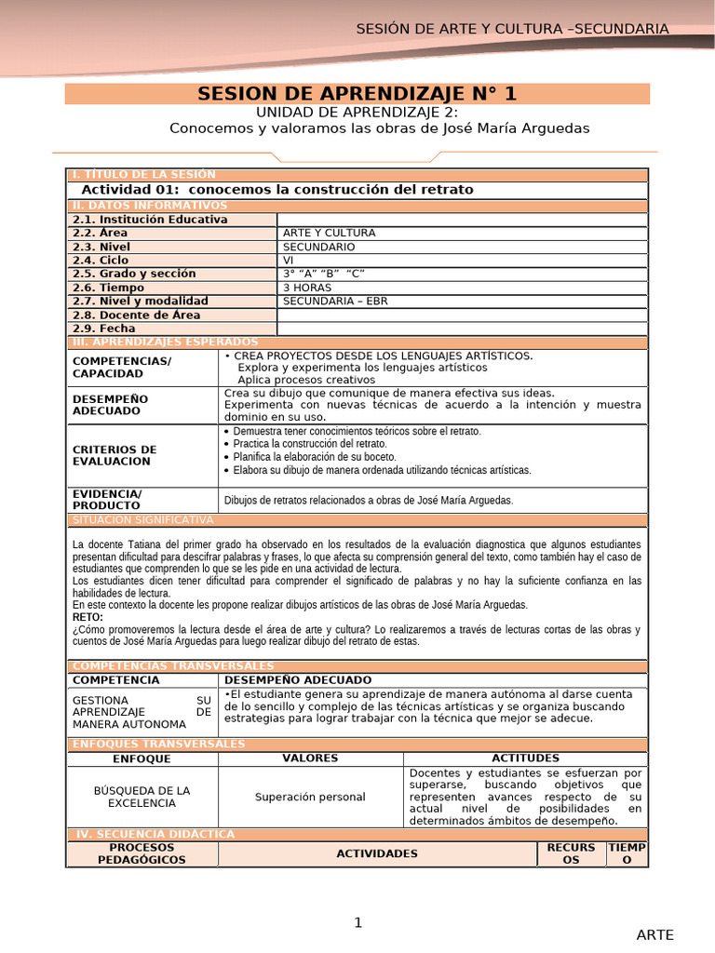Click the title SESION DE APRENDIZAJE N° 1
tap(357, 94)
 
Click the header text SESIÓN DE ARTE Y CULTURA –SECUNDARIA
tap(512, 29)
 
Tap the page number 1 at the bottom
tap(357, 922)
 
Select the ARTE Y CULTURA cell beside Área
tap(317, 233)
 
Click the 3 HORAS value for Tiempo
tap(307, 288)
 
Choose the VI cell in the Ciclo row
tap(289, 261)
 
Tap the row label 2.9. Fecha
tap(104, 329)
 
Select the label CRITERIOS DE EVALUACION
tap(115, 455)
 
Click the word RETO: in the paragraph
tap(88, 617)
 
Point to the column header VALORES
tap(310, 758)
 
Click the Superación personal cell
tap(310, 797)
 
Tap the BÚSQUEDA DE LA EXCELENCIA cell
tap(142, 797)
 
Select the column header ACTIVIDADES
tap(377, 853)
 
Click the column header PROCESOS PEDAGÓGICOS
tap(142, 853)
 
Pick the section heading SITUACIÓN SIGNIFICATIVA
tap(142, 519)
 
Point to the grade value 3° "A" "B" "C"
tap(323, 274)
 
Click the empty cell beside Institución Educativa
tap(462, 220)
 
